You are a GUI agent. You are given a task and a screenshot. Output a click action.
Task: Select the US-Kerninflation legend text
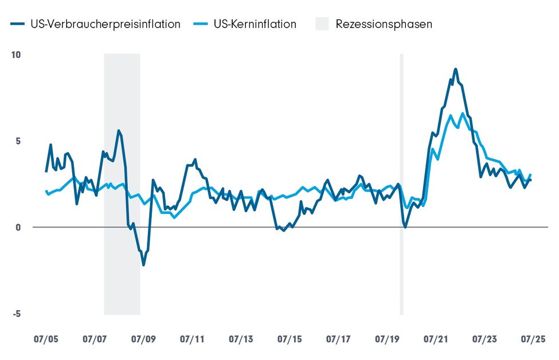point(255,24)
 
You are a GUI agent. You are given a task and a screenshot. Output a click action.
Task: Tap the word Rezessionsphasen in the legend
point(384,24)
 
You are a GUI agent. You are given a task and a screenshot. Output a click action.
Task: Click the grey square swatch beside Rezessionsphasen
point(322,24)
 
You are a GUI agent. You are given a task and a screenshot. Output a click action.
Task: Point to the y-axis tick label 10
point(15,55)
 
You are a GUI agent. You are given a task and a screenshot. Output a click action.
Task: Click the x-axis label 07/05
point(46,339)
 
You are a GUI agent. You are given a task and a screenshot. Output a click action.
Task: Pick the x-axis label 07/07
point(95,339)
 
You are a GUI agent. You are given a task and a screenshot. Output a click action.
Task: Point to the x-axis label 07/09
point(144,339)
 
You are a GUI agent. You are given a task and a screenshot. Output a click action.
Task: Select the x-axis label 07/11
point(193,339)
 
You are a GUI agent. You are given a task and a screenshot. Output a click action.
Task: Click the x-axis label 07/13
point(241,339)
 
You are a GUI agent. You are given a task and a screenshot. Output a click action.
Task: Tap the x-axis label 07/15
point(290,339)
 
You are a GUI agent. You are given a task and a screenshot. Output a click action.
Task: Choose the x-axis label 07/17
point(338,339)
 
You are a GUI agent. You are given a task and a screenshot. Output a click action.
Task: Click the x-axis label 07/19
point(387,339)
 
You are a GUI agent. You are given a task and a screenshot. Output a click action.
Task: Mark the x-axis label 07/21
point(436,339)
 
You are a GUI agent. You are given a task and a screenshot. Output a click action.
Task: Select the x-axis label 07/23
point(484,339)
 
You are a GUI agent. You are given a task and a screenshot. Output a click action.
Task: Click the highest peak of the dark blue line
point(455,69)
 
